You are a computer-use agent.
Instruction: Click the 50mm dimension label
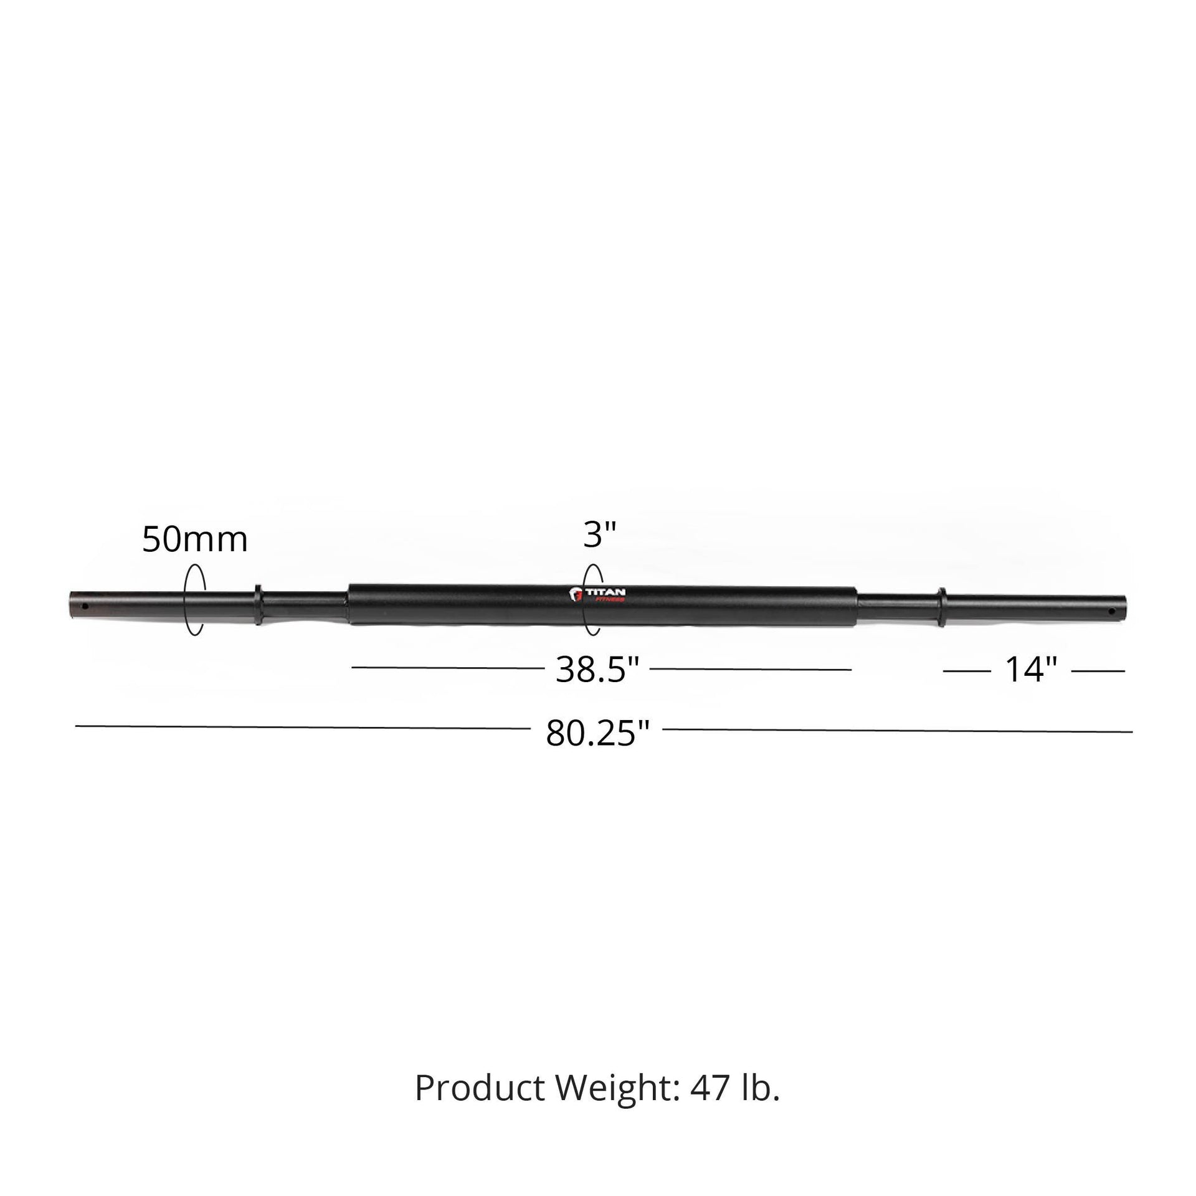point(194,539)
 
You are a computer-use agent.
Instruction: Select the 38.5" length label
point(597,670)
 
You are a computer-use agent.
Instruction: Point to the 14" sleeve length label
point(1032,670)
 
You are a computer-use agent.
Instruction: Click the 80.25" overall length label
point(597,733)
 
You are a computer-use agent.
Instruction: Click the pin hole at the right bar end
point(1111,611)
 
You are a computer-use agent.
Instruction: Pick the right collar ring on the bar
point(941,607)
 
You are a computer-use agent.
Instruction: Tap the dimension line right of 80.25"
point(897,730)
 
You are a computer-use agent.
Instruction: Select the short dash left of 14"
point(967,671)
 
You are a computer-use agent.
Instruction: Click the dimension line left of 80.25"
point(302,727)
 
